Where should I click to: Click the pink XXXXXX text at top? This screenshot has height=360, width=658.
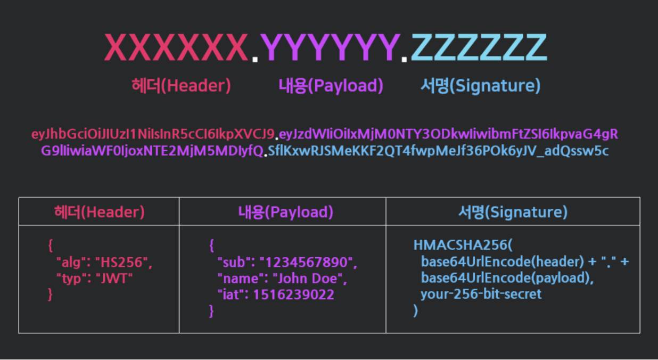[176, 48]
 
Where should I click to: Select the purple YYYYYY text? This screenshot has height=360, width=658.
[330, 48]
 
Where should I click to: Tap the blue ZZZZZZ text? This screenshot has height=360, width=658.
[479, 48]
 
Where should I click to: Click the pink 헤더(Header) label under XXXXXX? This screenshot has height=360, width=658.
[181, 86]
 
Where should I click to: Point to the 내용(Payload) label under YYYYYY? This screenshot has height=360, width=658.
[331, 86]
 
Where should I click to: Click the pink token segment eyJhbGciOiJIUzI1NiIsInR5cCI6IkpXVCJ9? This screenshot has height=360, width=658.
[153, 134]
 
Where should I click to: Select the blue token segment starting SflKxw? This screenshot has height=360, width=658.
[438, 151]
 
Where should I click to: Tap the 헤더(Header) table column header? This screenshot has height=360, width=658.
[99, 212]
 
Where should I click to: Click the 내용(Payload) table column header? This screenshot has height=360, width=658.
[285, 212]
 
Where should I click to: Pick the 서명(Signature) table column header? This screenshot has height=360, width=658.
[513, 212]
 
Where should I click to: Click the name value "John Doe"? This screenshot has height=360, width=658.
[309, 278]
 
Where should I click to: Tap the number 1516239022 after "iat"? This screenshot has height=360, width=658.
[293, 294]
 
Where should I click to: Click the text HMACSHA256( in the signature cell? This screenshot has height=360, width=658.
[462, 246]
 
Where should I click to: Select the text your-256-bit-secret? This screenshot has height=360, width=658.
[481, 294]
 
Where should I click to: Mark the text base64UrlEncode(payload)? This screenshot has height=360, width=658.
[507, 278]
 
